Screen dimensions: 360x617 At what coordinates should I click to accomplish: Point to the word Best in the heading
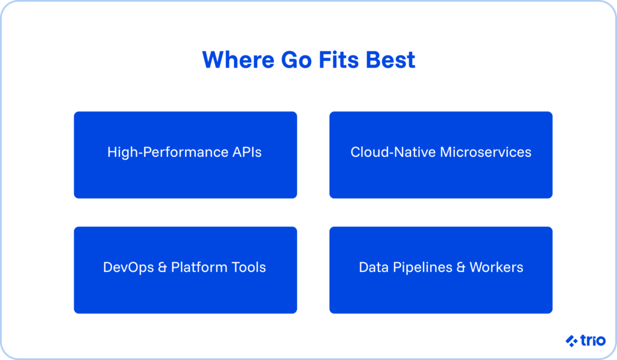[x=392, y=60]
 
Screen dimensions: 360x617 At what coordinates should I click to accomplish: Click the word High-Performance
[x=166, y=152]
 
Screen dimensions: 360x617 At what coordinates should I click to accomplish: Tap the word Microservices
[x=486, y=152]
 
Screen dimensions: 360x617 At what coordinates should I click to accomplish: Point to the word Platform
[x=198, y=267]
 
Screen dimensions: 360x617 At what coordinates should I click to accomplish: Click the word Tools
[x=248, y=267]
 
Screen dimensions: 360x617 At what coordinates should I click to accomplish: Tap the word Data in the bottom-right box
[x=373, y=267]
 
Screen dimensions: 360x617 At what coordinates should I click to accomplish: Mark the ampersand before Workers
[x=461, y=267]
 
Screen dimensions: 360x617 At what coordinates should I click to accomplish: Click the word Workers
[x=497, y=267]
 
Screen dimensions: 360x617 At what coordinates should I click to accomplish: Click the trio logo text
[x=594, y=341]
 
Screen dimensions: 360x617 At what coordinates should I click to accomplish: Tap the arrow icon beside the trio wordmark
[x=572, y=341]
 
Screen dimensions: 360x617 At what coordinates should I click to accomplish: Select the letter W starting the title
[x=213, y=60]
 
